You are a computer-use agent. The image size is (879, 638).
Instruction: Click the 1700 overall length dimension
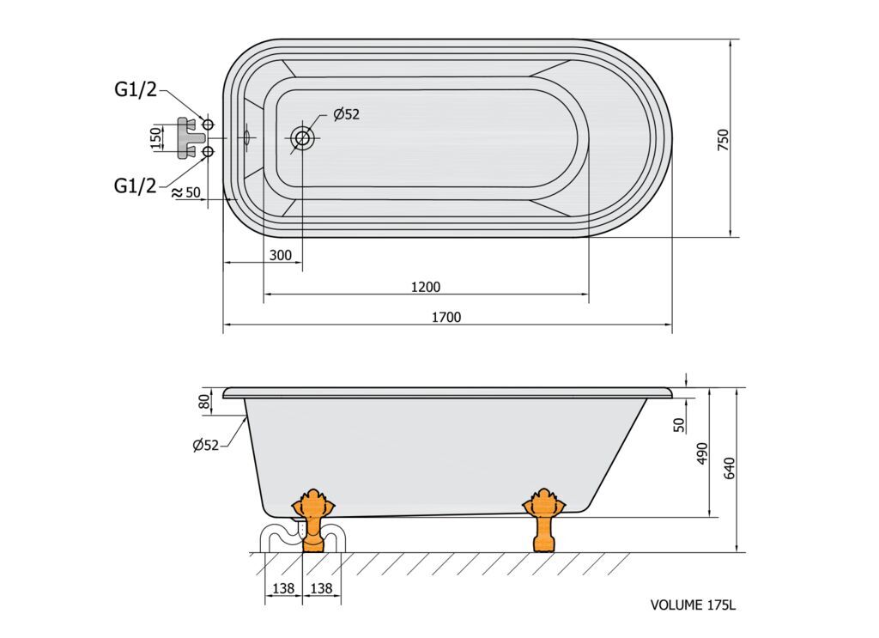click(x=446, y=318)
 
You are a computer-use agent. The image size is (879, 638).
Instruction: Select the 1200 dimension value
click(x=426, y=287)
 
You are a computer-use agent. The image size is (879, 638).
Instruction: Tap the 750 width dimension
click(x=723, y=140)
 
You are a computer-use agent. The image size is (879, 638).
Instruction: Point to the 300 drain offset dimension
click(x=281, y=255)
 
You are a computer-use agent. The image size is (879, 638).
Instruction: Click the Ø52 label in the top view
click(x=346, y=114)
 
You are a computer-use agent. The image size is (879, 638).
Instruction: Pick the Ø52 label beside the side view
click(x=205, y=446)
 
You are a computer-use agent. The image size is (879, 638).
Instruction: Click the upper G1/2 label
click(x=136, y=89)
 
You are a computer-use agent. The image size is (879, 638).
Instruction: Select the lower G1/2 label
click(x=136, y=185)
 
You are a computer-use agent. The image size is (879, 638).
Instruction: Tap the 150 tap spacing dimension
click(x=156, y=138)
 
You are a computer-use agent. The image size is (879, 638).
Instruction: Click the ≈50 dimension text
click(x=186, y=192)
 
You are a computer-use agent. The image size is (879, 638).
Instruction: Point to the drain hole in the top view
click(x=303, y=137)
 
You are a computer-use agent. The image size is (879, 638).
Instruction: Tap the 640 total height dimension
click(x=729, y=468)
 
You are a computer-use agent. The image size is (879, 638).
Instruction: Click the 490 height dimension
click(x=702, y=453)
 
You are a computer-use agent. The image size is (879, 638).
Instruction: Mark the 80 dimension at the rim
click(x=204, y=401)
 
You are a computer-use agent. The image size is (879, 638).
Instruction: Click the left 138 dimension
click(x=283, y=589)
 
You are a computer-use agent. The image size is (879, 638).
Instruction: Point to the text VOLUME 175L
click(x=693, y=605)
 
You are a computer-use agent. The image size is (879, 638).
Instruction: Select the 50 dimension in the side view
click(x=679, y=424)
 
